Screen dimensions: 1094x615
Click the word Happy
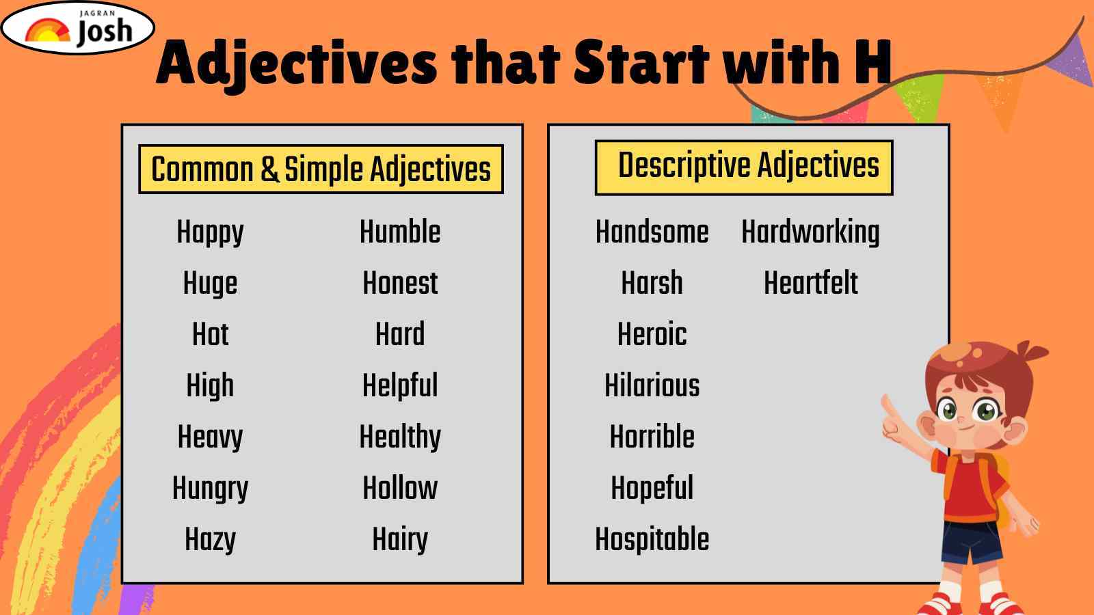point(210,232)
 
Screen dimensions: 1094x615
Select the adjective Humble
point(400,232)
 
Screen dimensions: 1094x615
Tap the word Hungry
point(210,489)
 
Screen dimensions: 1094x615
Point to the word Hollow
point(400,488)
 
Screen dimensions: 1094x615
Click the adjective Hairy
point(400,540)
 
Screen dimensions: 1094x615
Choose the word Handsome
point(652,232)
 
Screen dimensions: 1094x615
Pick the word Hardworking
point(810,232)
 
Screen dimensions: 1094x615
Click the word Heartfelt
point(811,283)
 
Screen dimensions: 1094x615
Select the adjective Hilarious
point(652,385)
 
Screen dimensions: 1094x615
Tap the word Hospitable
point(652,540)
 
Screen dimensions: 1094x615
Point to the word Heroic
point(652,334)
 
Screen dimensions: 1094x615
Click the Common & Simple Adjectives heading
point(321,169)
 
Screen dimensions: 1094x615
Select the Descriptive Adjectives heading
point(744,167)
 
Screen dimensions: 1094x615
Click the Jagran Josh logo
point(78,27)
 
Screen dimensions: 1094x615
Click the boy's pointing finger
point(887,406)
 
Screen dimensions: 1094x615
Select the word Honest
point(400,283)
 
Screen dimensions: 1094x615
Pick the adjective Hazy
point(210,540)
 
